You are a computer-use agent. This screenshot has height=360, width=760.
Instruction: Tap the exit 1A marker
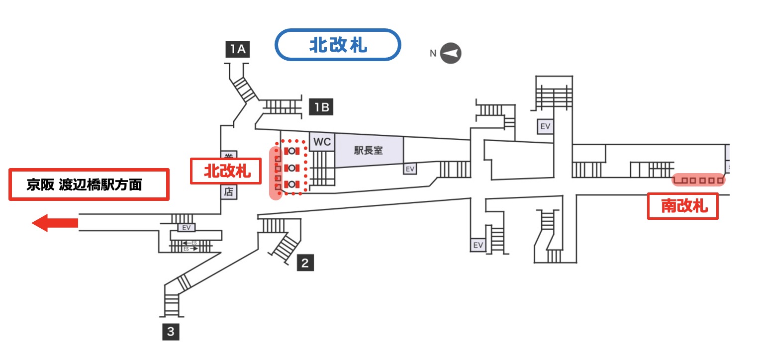[237, 50]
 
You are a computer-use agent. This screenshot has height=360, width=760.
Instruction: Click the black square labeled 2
[305, 263]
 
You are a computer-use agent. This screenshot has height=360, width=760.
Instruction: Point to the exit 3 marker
[171, 332]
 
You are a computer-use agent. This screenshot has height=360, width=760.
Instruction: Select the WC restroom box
[322, 142]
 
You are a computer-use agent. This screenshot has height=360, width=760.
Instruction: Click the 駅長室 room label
[369, 150]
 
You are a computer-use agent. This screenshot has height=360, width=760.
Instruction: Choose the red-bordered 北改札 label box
[227, 172]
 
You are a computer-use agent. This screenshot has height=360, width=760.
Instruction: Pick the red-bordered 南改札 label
[683, 206]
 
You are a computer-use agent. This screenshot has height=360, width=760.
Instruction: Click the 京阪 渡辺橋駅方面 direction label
[90, 185]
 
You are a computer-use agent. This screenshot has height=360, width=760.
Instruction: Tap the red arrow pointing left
[55, 223]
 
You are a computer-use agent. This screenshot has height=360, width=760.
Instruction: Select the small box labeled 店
[228, 192]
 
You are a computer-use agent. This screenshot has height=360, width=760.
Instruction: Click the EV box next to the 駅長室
[410, 169]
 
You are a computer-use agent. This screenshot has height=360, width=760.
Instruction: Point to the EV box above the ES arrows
[187, 228]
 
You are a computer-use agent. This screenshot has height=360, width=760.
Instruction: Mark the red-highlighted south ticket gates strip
[698, 180]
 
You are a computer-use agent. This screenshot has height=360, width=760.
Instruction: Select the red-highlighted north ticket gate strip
[276, 173]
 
